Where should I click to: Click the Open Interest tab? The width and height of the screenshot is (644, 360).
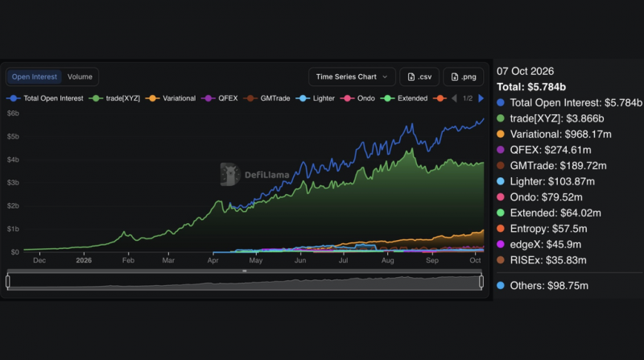[x=35, y=77]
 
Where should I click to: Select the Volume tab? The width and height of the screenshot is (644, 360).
[x=80, y=77]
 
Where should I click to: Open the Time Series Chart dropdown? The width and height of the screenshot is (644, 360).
[x=352, y=77]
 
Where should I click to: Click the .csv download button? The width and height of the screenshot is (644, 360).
[x=419, y=77]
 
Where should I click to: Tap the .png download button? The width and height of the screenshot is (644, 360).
[x=464, y=77]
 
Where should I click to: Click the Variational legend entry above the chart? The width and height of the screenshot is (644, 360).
[x=171, y=98]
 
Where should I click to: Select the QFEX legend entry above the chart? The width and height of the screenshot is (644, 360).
[x=220, y=98]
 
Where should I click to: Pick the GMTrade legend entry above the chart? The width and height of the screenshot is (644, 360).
[x=267, y=98]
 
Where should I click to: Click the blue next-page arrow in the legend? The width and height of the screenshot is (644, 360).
[x=481, y=98]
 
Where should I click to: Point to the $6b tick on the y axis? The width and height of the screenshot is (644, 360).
[x=13, y=114]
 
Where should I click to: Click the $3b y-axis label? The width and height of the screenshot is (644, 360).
[x=13, y=183]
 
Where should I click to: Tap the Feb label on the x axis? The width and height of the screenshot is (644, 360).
[x=128, y=260]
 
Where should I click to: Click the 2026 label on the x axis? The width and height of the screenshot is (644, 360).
[x=84, y=260]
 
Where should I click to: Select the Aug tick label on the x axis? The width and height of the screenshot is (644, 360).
[x=388, y=260]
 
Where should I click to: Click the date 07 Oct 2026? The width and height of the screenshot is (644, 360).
[x=526, y=71]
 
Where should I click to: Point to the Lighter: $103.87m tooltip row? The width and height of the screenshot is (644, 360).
[x=546, y=181]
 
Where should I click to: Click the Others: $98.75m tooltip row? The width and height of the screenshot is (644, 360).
[x=543, y=286]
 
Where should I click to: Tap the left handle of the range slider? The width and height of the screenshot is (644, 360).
[x=8, y=282]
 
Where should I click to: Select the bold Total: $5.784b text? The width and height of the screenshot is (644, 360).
[x=531, y=87]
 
